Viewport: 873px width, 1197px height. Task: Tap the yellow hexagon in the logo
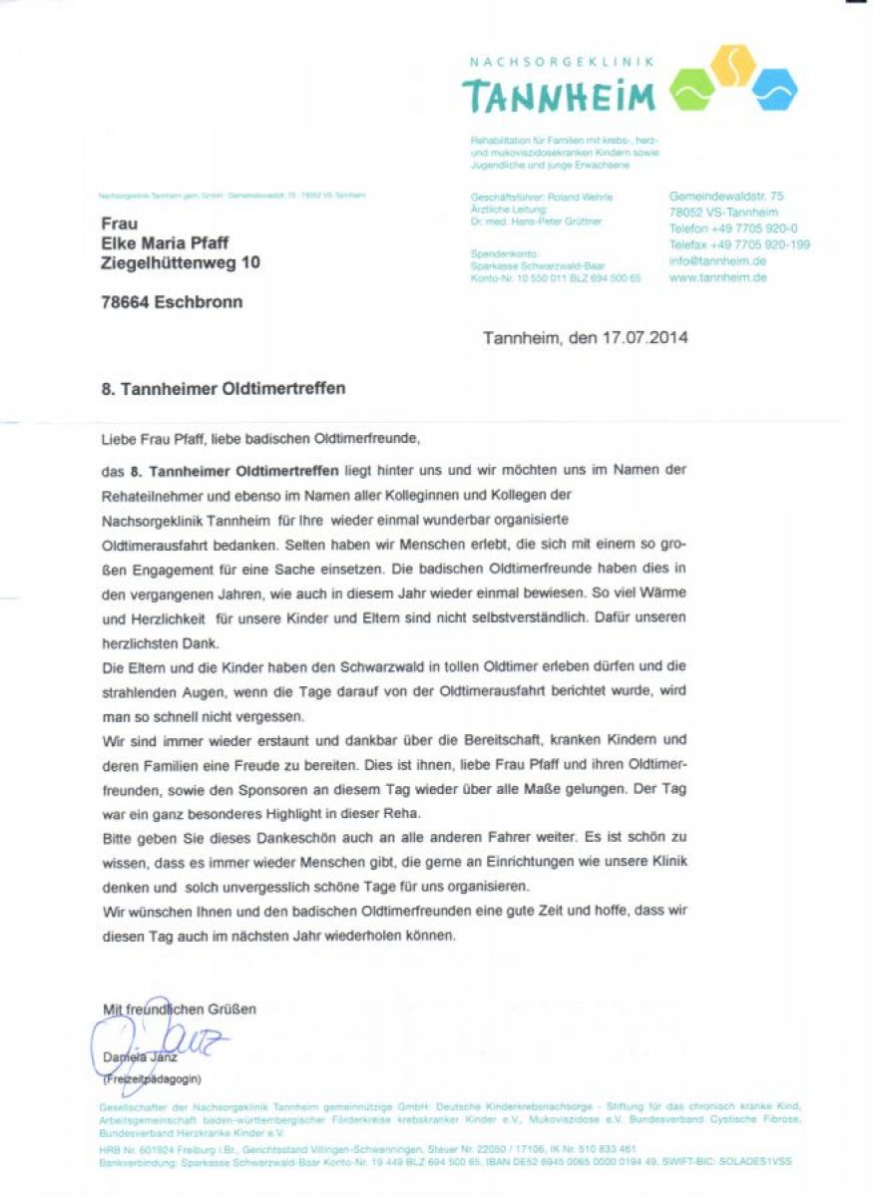[733, 65]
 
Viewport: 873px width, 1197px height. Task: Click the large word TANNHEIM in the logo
[559, 96]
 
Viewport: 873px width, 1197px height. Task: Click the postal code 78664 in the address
[124, 302]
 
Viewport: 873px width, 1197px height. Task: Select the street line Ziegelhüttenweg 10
[181, 262]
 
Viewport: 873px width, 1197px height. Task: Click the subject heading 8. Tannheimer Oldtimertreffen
[223, 389]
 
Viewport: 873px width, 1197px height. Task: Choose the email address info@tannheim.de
[717, 260]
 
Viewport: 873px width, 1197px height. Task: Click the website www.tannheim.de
[717, 277]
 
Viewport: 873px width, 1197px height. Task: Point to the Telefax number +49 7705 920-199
[739, 244]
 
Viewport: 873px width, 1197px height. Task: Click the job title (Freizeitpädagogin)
[152, 1079]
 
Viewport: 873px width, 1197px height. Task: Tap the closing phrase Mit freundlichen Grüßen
[179, 1009]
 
